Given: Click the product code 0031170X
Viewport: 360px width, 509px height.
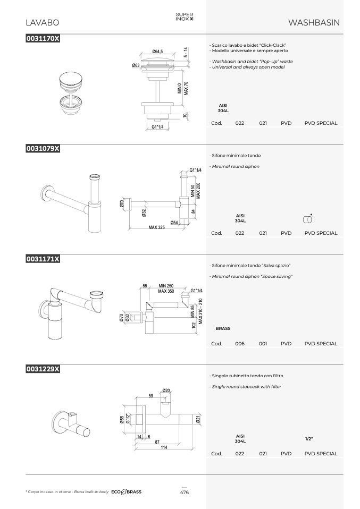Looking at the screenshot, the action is pos(43,38).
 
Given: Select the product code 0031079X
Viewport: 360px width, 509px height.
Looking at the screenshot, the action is pos(43,148).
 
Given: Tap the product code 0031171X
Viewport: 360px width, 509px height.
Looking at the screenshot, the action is pos(43,259).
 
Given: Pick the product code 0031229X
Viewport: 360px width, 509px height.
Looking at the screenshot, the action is pos(43,369).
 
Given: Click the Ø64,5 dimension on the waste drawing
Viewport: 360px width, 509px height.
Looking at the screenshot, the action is pos(157,52).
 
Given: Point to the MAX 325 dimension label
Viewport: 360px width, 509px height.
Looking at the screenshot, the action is pos(157,227).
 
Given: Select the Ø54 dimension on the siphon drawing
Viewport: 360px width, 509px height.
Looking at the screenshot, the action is pos(174,223).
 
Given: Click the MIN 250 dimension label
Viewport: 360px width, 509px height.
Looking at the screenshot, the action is pos(166,286).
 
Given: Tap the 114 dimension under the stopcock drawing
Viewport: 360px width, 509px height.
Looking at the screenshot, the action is pos(164,447).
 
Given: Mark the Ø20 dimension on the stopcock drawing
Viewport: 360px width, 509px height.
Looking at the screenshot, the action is pos(166,390).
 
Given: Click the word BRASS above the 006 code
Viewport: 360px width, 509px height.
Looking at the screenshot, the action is pos(223,328).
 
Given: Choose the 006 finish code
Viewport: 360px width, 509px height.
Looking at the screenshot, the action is pos(240,343).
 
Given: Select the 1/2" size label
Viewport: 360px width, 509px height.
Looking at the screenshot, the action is pos(309,438).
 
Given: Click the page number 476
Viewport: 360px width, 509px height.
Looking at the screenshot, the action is pos(185,492).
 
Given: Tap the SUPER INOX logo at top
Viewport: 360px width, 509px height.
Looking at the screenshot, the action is pos(185,16).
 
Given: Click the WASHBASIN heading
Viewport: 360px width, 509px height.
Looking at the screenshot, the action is pos(314,22).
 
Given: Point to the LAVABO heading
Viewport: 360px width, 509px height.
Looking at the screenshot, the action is pos(42,22).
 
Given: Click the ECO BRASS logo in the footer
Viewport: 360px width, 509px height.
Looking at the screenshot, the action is pos(127,492).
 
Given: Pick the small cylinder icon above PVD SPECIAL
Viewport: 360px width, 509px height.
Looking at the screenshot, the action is pos(308,219).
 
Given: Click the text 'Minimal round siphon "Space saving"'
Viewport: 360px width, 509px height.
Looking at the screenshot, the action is pos(252,276).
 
